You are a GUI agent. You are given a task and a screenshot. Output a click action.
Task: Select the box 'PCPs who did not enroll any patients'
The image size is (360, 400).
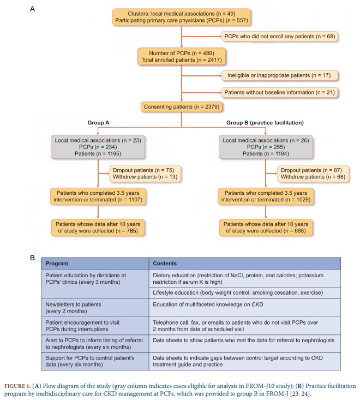pyautogui.click(x=280, y=36)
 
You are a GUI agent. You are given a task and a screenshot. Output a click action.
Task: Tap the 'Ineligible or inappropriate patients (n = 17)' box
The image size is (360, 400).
pyautogui.click(x=280, y=75)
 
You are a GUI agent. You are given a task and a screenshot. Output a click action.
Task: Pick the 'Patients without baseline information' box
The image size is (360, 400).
pyautogui.click(x=280, y=93)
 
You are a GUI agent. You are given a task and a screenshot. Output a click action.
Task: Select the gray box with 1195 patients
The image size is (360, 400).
pyautogui.click(x=97, y=147)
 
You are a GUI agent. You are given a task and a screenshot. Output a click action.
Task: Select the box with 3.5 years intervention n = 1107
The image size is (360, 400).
pyautogui.click(x=97, y=197)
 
